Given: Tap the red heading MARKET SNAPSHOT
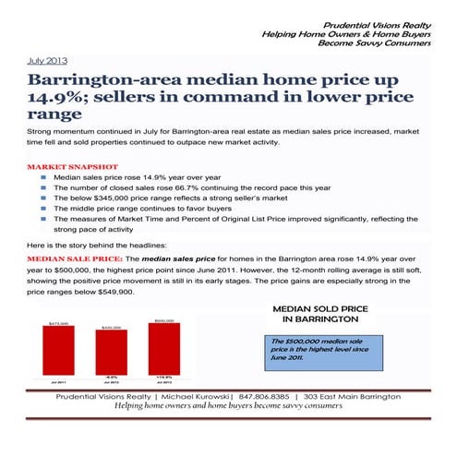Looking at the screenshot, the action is tap(68, 168).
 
